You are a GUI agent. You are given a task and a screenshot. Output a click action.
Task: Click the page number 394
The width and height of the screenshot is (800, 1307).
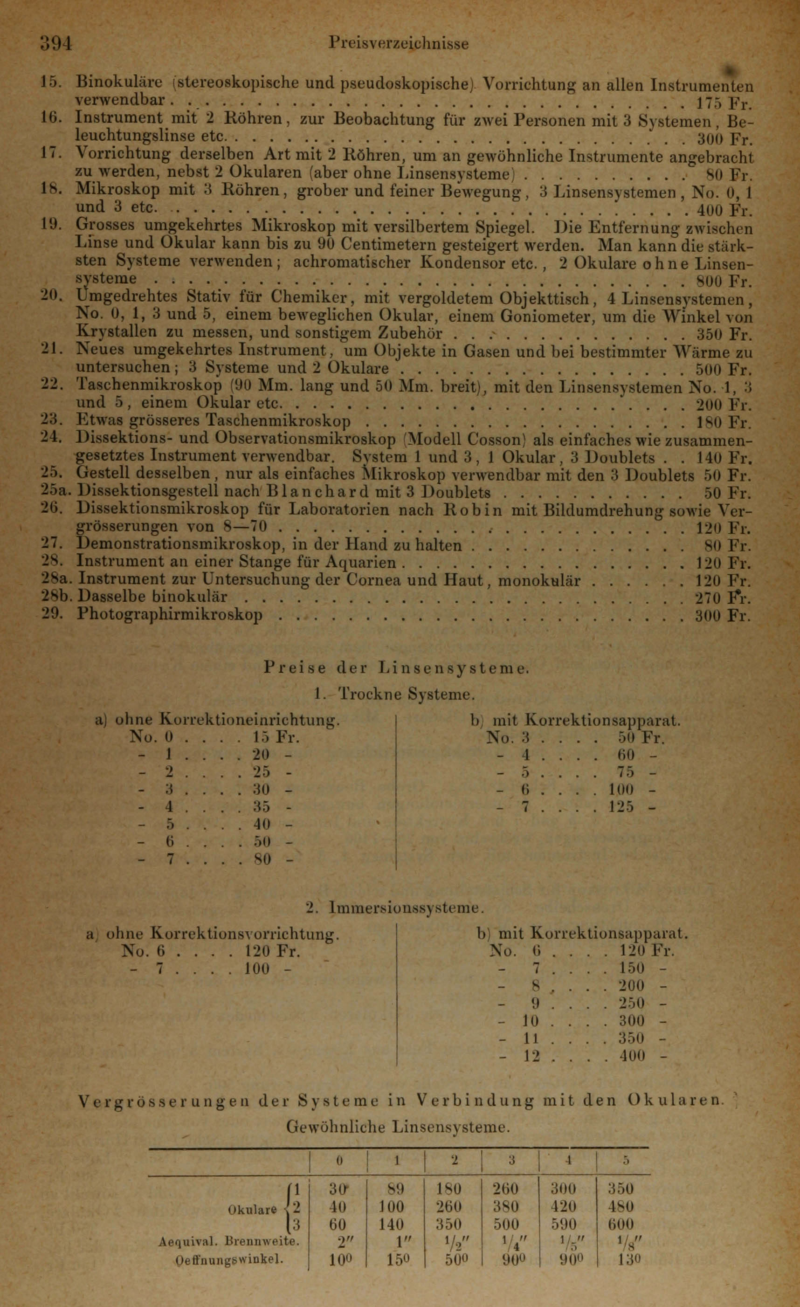click(56, 43)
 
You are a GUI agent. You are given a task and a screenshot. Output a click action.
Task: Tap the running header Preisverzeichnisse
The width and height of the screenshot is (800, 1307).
click(399, 43)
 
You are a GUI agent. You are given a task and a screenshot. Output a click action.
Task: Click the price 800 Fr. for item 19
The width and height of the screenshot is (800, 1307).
click(724, 281)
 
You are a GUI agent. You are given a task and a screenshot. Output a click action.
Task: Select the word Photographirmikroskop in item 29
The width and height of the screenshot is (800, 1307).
click(170, 615)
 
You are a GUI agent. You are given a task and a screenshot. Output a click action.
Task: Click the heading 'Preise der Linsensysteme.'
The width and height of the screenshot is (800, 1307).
click(396, 668)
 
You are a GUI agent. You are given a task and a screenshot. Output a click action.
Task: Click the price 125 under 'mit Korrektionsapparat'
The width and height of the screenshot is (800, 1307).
click(621, 807)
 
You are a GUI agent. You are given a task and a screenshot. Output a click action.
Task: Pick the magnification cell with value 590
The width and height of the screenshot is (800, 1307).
click(563, 1225)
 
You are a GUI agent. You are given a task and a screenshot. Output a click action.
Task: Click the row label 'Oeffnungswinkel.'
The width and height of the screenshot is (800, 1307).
click(228, 1260)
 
